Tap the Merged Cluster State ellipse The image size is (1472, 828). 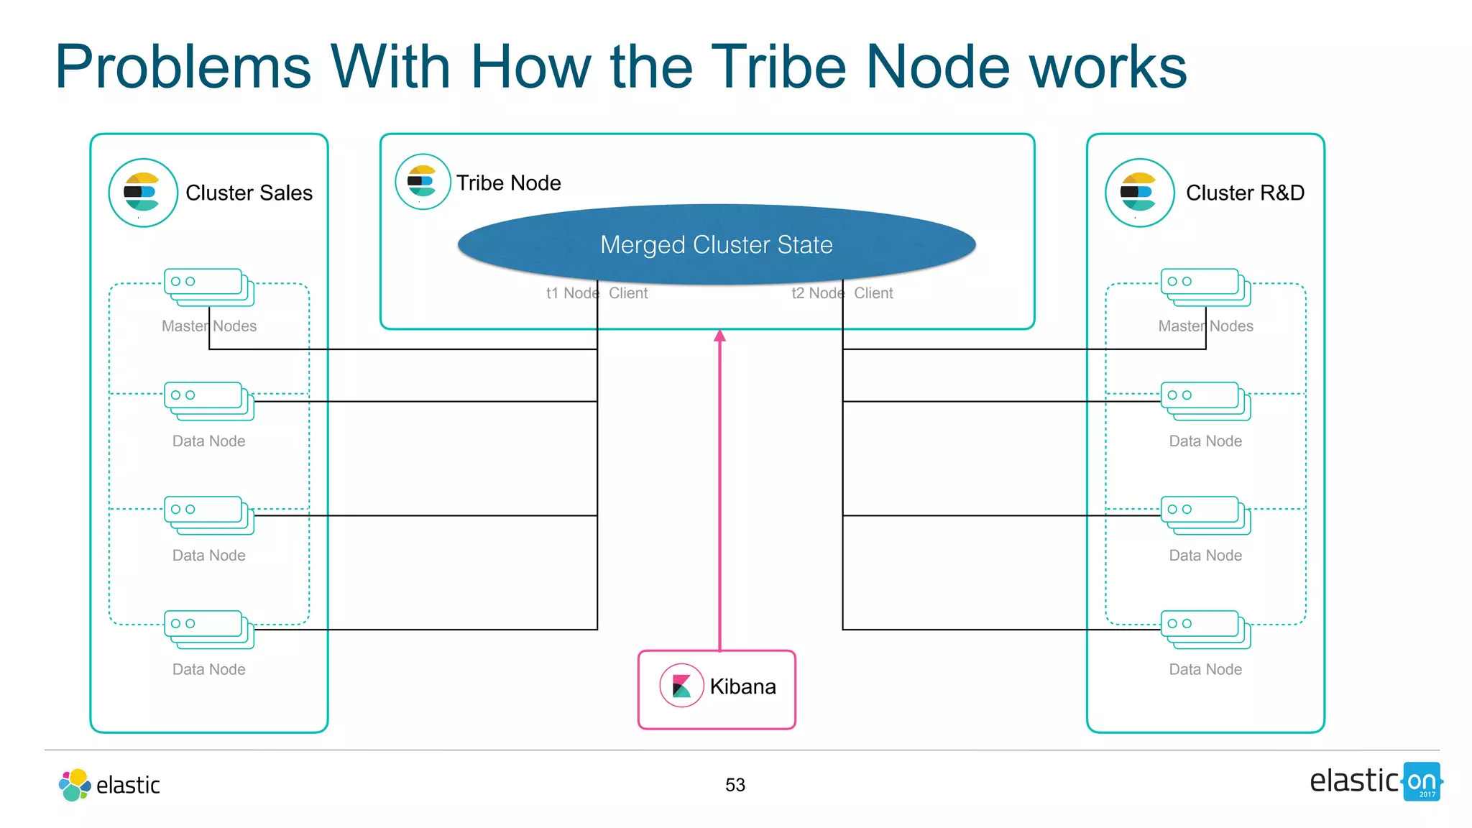click(x=716, y=244)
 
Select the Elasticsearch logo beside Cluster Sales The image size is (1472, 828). click(x=143, y=193)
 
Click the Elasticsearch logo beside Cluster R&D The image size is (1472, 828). click(x=1139, y=193)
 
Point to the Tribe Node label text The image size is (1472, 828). click(x=508, y=183)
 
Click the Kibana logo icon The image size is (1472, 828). click(x=681, y=686)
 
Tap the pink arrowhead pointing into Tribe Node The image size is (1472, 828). click(x=719, y=336)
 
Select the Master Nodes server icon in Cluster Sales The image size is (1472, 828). click(x=208, y=287)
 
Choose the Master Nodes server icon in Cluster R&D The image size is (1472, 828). click(x=1205, y=287)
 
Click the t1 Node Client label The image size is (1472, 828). click(x=597, y=293)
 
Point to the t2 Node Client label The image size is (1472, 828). click(x=842, y=293)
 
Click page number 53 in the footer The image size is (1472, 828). click(x=735, y=785)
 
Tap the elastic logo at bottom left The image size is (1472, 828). click(x=109, y=785)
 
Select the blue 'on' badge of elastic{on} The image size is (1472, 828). click(x=1422, y=781)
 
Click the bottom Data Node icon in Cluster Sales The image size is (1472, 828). click(x=208, y=629)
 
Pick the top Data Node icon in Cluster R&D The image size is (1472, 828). click(x=1205, y=400)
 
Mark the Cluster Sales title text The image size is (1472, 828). click(x=249, y=193)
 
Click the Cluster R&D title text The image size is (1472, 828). click(x=1245, y=193)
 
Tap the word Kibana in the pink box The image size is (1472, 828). click(x=742, y=686)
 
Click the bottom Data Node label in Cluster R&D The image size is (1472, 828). click(x=1205, y=669)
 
